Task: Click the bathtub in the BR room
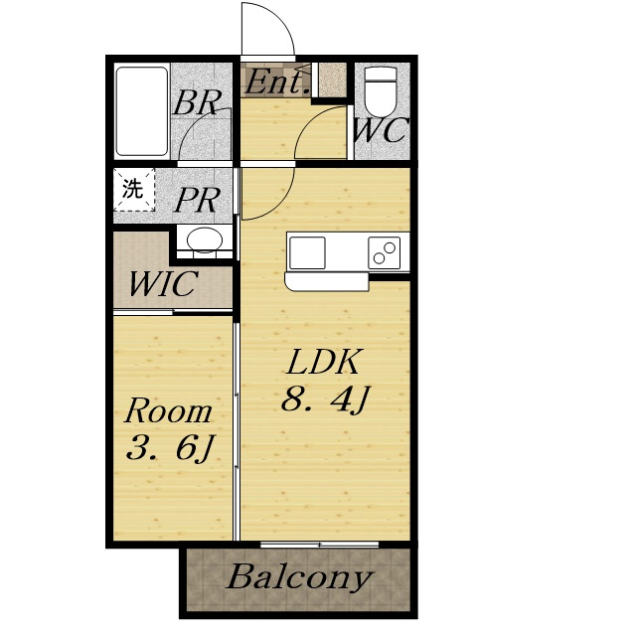142,111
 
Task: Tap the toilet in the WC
381,91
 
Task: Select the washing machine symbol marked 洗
134,190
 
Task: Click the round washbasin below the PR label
205,240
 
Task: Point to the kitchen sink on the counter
307,253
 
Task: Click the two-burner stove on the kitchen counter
385,253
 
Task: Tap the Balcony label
298,577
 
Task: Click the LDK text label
323,362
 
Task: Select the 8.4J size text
326,399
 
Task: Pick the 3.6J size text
170,448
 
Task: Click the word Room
168,411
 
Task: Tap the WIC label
163,283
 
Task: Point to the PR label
198,200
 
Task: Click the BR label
198,102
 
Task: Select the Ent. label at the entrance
277,82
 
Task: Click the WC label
381,130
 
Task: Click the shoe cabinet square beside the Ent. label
332,79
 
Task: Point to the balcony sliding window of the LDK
320,545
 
